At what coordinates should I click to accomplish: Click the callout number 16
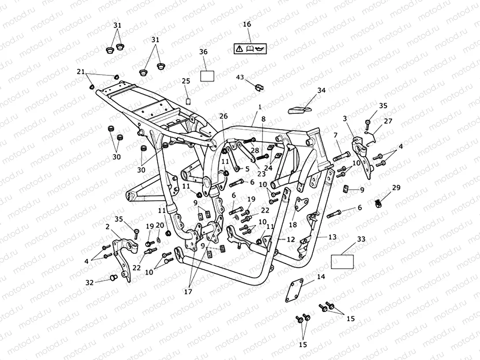(x=247, y=24)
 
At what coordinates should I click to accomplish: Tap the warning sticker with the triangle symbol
(x=250, y=48)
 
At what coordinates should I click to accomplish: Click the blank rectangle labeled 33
(x=342, y=261)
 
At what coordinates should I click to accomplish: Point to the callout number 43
(x=240, y=77)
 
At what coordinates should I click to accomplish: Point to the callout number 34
(x=321, y=90)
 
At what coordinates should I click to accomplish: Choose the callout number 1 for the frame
(x=260, y=107)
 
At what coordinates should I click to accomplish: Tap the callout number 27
(x=387, y=121)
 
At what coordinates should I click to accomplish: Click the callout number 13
(x=332, y=237)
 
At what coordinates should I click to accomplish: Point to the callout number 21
(x=80, y=72)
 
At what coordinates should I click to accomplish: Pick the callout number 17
(x=189, y=291)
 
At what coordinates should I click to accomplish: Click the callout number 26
(x=223, y=116)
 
